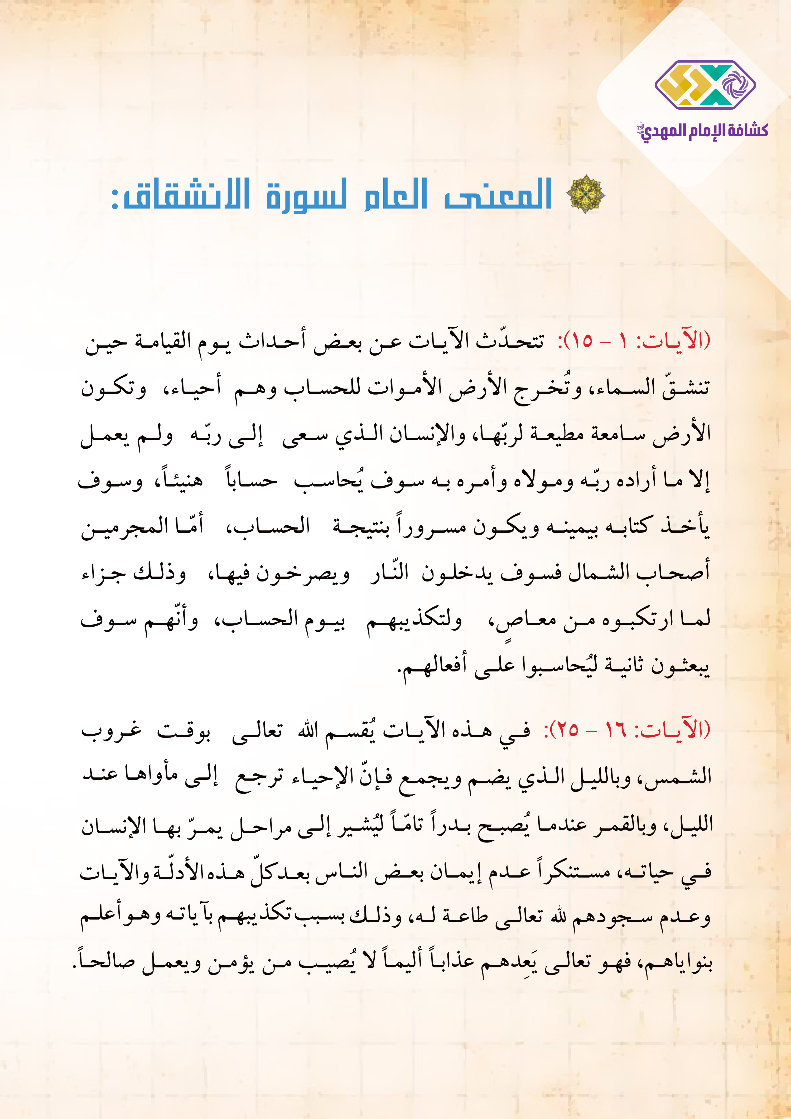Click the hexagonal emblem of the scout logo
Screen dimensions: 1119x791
pos(705,85)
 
